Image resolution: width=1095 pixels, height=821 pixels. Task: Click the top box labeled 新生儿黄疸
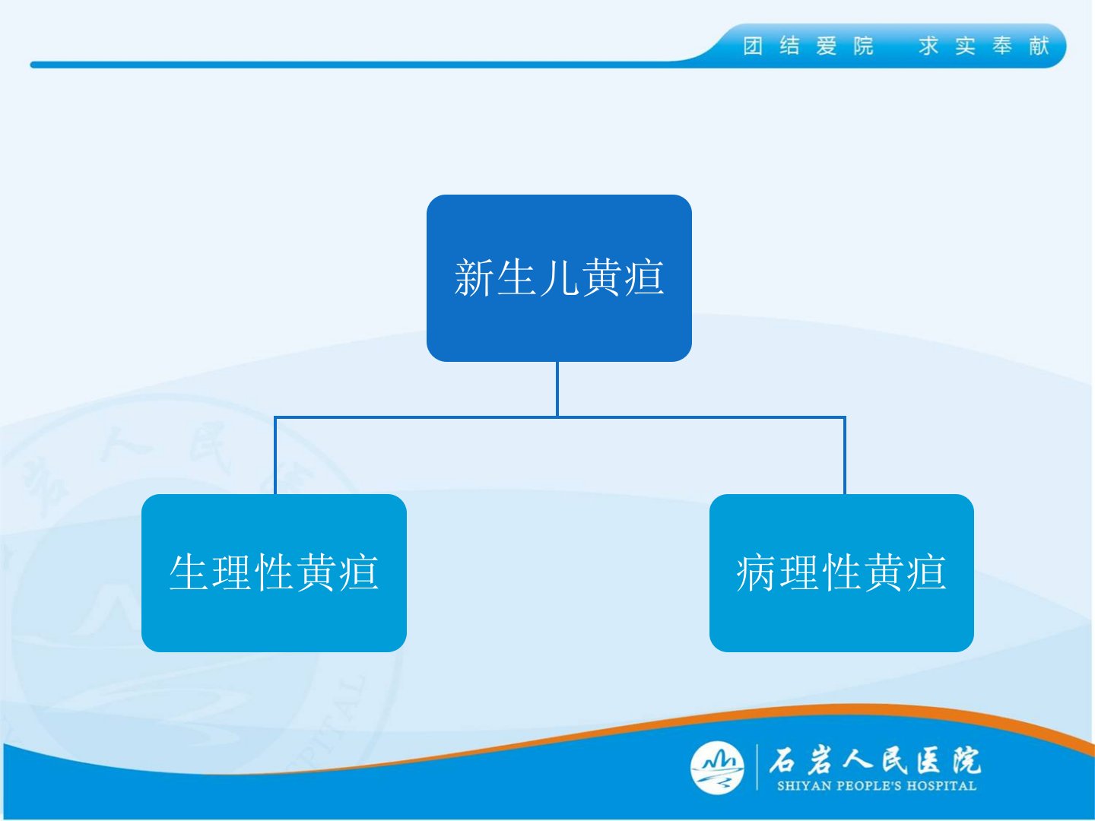pyautogui.click(x=559, y=278)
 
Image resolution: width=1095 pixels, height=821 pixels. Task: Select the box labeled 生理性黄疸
pyautogui.click(x=274, y=572)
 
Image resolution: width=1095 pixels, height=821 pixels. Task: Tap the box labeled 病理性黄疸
pyautogui.click(x=842, y=572)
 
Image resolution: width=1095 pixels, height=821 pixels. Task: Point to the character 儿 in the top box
pyautogui.click(x=559, y=277)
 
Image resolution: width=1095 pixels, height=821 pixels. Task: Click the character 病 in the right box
pyautogui.click(x=757, y=572)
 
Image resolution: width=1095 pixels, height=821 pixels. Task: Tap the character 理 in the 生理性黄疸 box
pyautogui.click(x=231, y=572)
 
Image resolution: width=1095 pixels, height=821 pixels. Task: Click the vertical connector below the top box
pyautogui.click(x=557, y=389)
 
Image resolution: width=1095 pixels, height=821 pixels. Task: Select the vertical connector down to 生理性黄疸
pyautogui.click(x=275, y=455)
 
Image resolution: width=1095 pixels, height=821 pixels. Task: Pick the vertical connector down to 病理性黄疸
pyautogui.click(x=845, y=455)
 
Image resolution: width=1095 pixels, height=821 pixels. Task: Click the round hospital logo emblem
pyautogui.click(x=717, y=768)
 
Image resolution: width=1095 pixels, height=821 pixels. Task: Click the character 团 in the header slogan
pyautogui.click(x=753, y=46)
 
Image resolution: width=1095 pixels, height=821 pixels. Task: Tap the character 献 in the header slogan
pyautogui.click(x=1039, y=46)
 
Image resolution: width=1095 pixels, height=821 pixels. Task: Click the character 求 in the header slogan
pyautogui.click(x=929, y=46)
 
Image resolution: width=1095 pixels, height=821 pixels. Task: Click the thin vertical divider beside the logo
pyautogui.click(x=757, y=767)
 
